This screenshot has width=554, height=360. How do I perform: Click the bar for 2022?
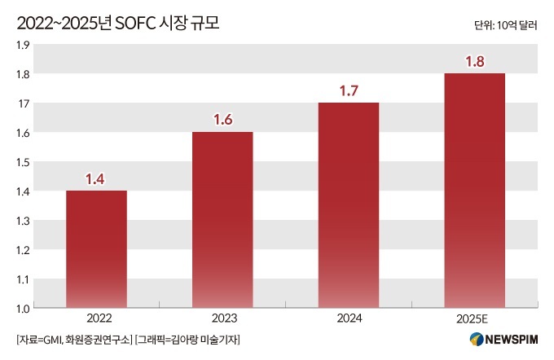tap(96, 249)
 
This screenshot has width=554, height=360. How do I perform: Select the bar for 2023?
tap(222, 220)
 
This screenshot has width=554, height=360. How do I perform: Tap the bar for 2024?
tap(349, 205)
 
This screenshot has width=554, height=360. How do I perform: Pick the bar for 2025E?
tap(475, 191)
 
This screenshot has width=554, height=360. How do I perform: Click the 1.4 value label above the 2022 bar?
tap(95, 179)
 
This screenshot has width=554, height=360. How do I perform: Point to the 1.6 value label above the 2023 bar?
tap(223, 120)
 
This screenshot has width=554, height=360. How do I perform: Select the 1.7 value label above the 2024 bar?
tap(349, 90)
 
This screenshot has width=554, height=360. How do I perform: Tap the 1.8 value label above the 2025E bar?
tap(475, 61)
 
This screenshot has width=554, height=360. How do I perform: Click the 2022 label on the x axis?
tap(99, 318)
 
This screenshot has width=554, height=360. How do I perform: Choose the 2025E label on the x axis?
tap(472, 318)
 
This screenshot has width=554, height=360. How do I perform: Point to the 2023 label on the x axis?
tap(224, 318)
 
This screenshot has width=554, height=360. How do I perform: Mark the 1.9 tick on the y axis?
tap(23, 46)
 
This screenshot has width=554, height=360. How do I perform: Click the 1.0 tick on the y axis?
tap(23, 309)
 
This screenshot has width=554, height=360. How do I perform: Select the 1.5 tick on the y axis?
tap(23, 163)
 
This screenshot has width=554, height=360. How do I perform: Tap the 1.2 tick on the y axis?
tap(23, 250)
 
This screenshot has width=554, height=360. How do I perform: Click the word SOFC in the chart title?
tap(136, 24)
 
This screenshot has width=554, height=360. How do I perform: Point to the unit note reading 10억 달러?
tap(517, 25)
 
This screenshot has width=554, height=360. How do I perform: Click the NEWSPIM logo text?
tap(512, 340)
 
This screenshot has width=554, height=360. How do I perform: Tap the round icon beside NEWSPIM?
tap(477, 339)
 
